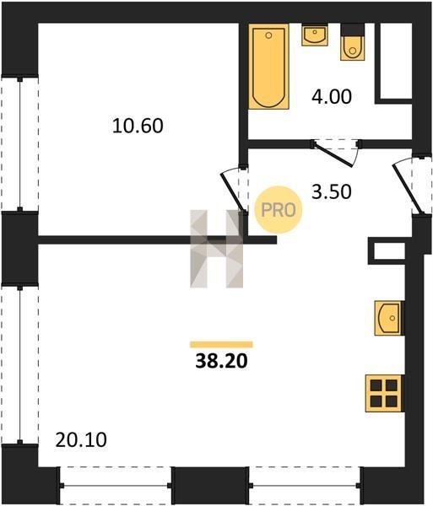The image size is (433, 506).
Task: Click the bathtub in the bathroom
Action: click(268, 67)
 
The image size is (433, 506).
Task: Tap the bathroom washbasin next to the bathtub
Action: click(315, 35)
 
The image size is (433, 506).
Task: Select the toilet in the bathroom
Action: click(353, 48)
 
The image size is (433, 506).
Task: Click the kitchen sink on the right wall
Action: click(389, 318)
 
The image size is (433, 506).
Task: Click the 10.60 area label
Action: click(138, 126)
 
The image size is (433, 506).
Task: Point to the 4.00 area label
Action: click(331, 97)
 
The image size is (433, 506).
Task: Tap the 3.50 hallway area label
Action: click(331, 191)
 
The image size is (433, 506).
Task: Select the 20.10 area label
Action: click(81, 440)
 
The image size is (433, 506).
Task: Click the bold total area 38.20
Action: click(221, 361)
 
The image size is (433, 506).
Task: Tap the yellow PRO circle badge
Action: click(279, 210)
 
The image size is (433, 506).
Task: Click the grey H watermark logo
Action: click(216, 249)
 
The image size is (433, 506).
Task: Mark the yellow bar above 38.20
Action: click(221, 344)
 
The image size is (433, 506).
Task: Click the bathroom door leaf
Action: click(333, 156)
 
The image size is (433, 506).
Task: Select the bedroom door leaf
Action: click(232, 192)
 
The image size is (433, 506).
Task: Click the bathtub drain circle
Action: click(268, 35)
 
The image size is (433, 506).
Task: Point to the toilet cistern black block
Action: click(353, 30)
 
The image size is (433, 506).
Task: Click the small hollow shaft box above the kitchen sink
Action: click(387, 251)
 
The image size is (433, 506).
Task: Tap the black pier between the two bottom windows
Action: click(210, 486)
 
